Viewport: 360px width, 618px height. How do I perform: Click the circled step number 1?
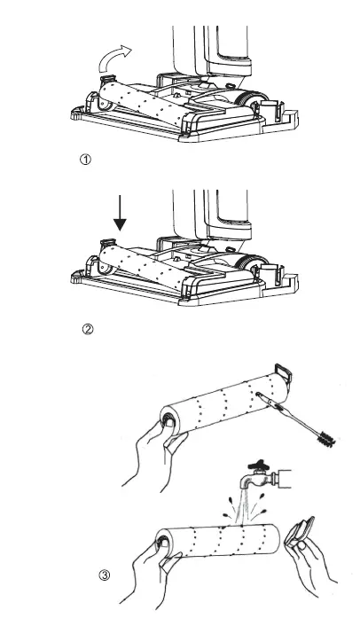click(x=85, y=160)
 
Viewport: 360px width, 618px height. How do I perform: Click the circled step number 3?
click(x=105, y=575)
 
